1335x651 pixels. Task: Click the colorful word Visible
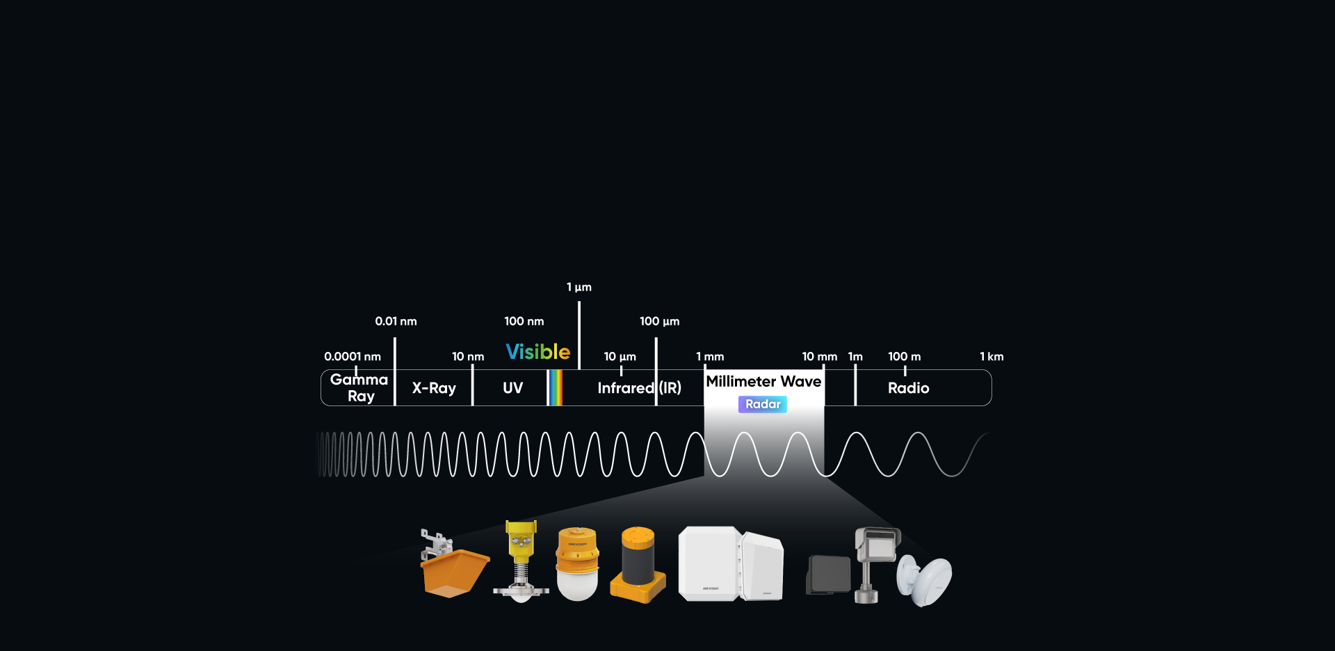coord(537,352)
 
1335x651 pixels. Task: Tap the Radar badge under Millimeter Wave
coord(763,404)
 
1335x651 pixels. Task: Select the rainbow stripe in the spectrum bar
coord(555,387)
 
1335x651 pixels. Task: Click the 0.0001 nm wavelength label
coord(353,357)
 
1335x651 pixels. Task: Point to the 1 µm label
coord(578,287)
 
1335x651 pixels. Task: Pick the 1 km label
coord(992,357)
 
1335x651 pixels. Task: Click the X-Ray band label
coord(434,388)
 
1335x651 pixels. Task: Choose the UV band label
coord(512,388)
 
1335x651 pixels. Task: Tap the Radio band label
coord(908,388)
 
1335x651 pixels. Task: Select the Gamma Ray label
coord(359,388)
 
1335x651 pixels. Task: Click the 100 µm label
coord(659,321)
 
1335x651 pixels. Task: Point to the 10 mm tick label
coord(819,357)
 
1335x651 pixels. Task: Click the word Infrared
coord(626,388)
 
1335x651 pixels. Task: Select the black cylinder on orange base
coord(638,563)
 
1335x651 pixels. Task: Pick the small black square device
coord(829,574)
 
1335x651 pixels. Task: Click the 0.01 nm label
coord(396,321)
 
